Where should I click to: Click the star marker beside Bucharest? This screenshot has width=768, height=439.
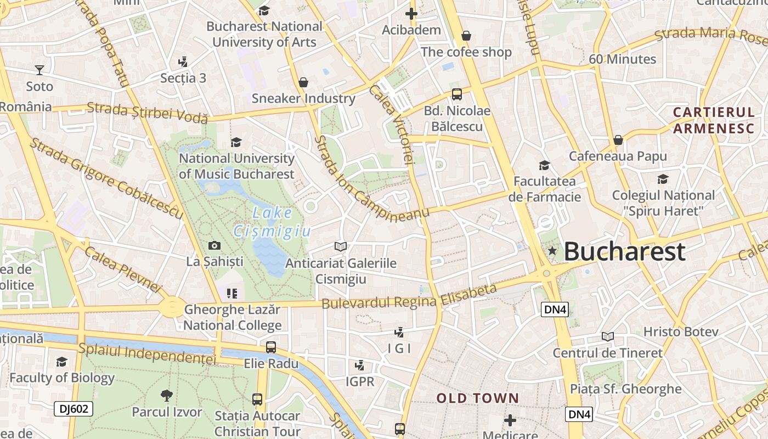(x=552, y=251)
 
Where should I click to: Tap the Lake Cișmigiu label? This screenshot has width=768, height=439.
(x=273, y=222)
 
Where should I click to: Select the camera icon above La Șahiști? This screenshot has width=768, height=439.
(x=214, y=245)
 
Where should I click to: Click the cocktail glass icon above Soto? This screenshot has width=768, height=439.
(x=39, y=70)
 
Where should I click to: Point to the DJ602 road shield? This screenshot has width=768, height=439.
(x=74, y=409)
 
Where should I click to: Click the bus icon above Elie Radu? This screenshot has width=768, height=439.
(x=271, y=347)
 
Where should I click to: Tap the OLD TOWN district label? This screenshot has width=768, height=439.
(x=477, y=398)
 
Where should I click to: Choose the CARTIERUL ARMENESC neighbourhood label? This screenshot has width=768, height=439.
(x=714, y=120)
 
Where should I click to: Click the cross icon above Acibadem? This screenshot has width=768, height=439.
(x=411, y=13)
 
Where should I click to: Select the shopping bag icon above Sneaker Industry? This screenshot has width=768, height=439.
(x=303, y=82)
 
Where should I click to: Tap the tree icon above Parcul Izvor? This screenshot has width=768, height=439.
(x=167, y=395)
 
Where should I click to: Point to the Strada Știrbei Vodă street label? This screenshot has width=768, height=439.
(x=148, y=112)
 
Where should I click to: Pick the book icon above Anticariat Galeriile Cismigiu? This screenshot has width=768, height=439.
(x=341, y=247)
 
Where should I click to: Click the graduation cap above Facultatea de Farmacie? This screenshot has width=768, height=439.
(x=544, y=165)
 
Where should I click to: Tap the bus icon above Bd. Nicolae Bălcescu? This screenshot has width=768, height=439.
(x=456, y=94)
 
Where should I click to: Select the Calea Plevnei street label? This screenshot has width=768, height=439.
(x=123, y=269)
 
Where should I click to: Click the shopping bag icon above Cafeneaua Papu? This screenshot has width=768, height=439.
(x=618, y=140)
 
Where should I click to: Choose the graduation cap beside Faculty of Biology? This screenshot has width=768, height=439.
(x=61, y=362)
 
